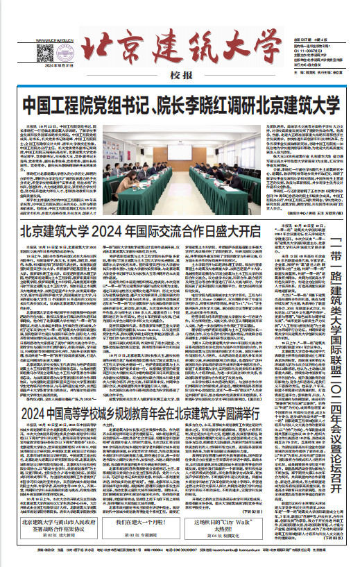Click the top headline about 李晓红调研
click(180, 105)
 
